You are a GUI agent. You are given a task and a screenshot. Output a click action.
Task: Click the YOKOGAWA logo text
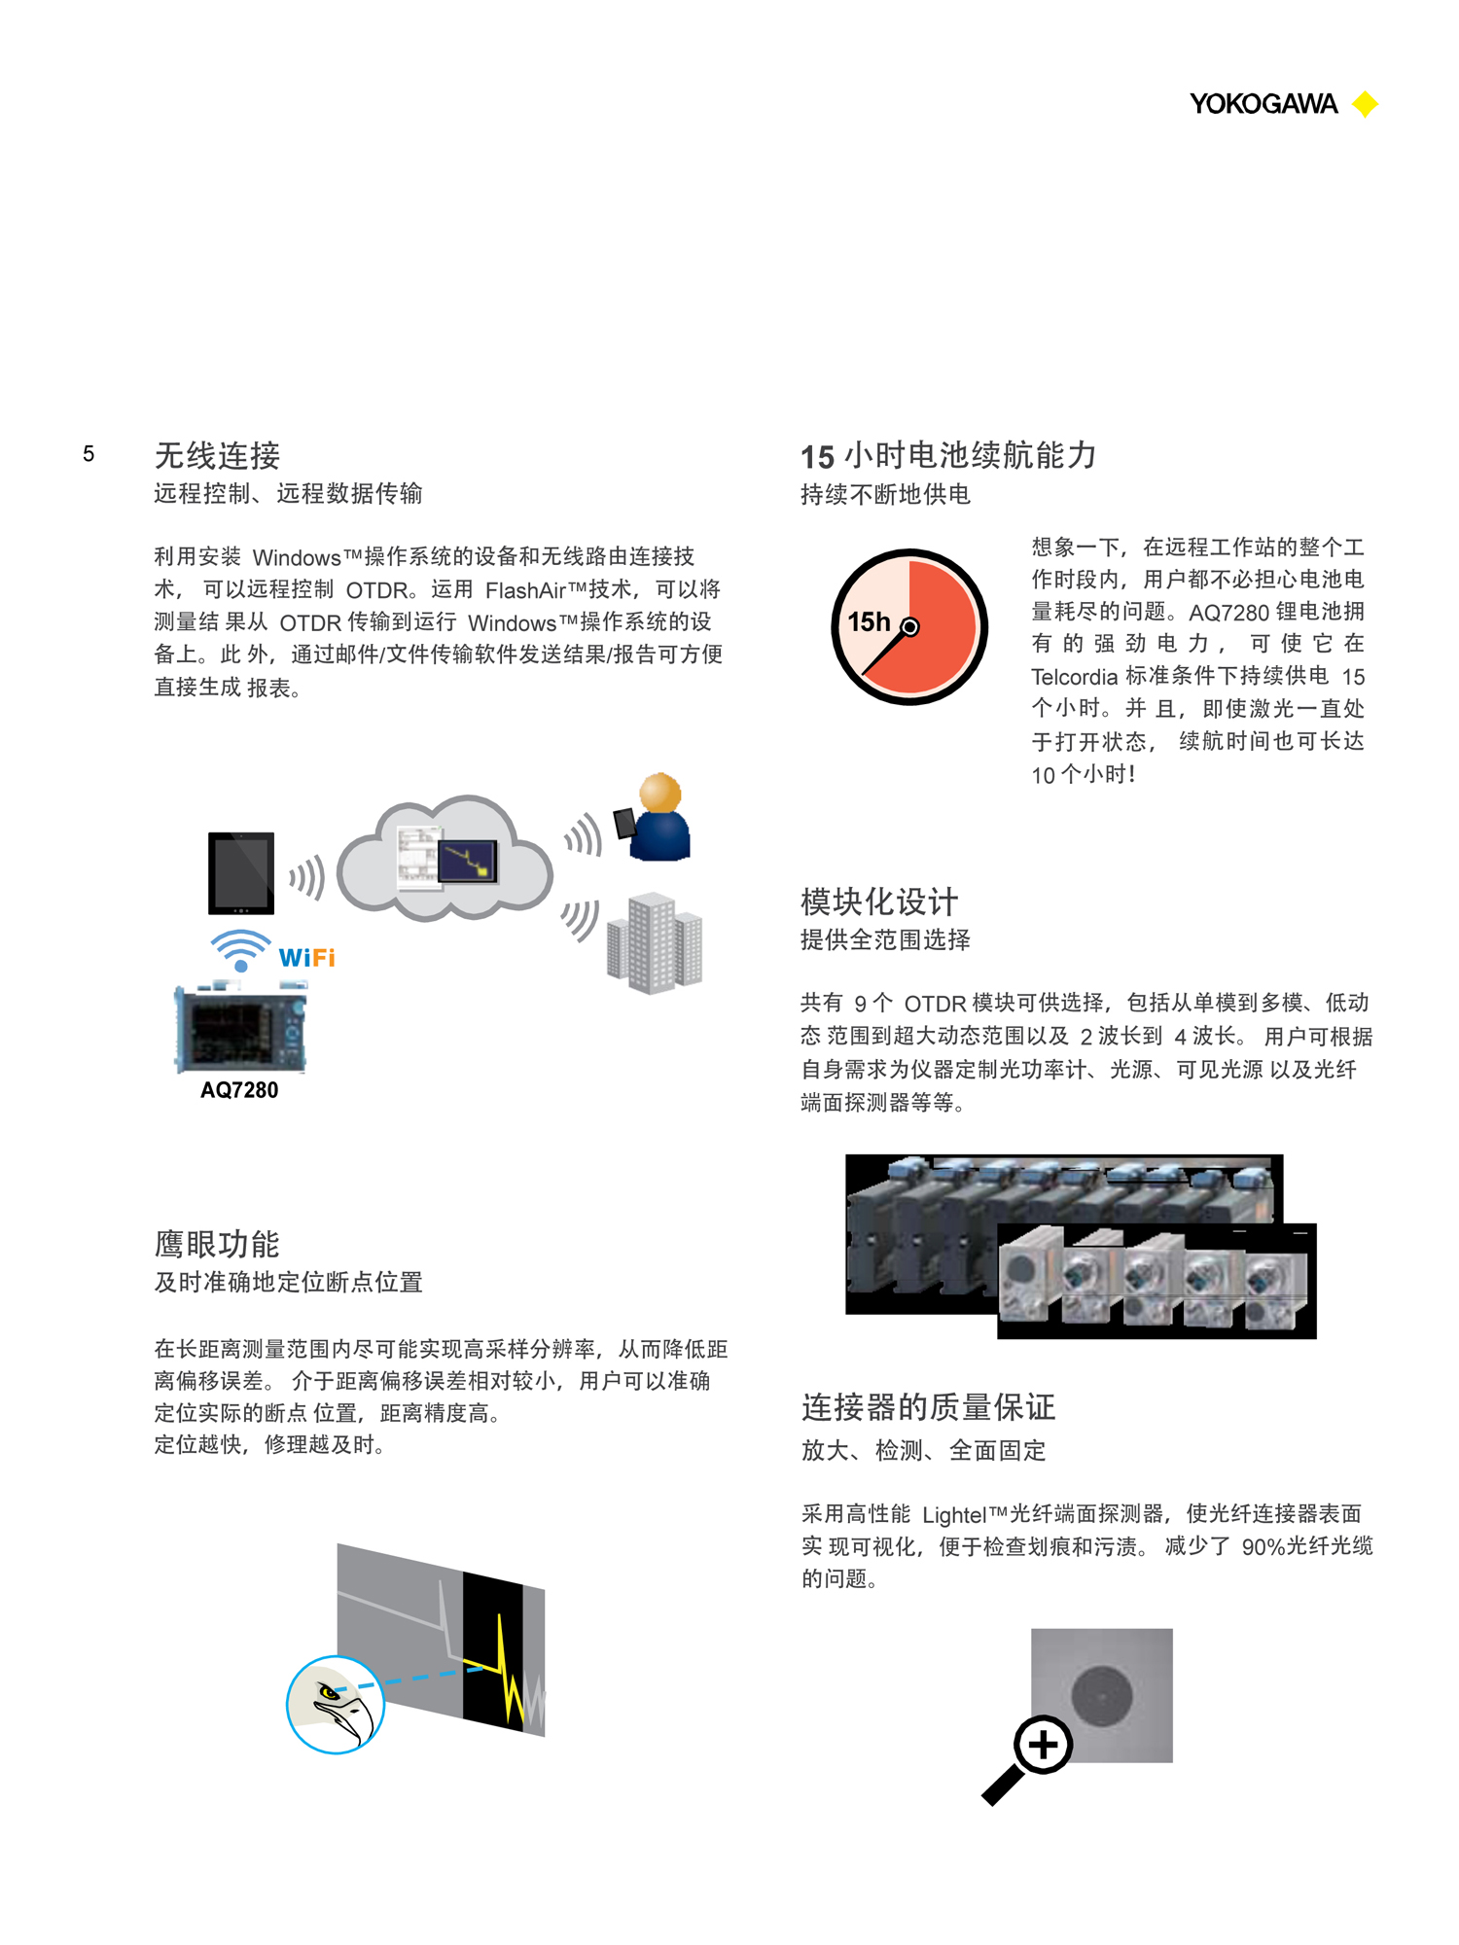[1263, 104]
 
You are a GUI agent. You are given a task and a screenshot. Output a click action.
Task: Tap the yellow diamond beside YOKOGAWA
[1366, 104]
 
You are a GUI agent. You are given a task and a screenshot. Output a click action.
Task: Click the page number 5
[89, 454]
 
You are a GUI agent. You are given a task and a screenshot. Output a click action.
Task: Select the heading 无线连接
[217, 455]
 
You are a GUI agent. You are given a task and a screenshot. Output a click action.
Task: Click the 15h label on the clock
[868, 621]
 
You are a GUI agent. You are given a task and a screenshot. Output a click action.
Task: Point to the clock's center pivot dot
[909, 627]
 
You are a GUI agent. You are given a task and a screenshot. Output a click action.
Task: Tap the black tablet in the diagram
[241, 872]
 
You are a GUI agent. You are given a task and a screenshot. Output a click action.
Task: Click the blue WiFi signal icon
[240, 949]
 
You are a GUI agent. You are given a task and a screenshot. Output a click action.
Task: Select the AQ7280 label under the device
[239, 1090]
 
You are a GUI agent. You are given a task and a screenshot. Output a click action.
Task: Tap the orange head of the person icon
[660, 793]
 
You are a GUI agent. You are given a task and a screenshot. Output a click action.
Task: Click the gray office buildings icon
[655, 942]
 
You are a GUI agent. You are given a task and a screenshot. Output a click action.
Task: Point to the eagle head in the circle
[337, 1705]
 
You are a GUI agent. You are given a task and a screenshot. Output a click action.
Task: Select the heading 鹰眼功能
[217, 1244]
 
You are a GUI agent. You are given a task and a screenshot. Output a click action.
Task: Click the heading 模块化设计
[879, 902]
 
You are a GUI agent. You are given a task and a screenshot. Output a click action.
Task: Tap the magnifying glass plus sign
[1043, 1745]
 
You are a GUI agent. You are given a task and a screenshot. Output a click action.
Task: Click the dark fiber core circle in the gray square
[1102, 1695]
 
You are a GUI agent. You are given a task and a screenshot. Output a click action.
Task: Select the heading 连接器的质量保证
[928, 1407]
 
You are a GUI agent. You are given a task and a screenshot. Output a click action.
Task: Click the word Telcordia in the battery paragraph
[1074, 677]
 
